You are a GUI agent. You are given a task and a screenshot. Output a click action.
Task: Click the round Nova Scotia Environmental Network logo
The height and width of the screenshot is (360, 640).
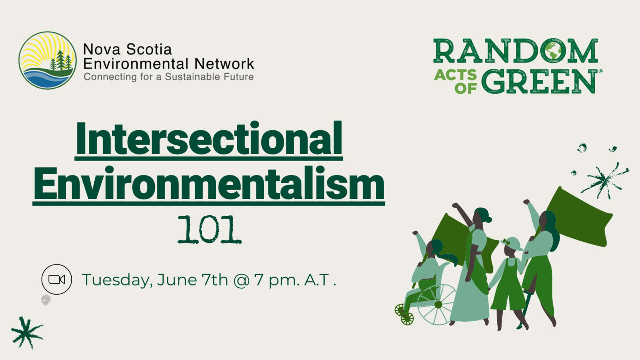[48, 60]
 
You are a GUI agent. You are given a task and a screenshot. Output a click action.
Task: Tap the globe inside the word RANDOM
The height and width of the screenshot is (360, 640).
[554, 51]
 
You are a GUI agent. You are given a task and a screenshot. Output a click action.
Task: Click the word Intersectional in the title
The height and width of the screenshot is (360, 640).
[209, 138]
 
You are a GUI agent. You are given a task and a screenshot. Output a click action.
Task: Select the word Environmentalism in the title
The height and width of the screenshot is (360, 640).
[209, 183]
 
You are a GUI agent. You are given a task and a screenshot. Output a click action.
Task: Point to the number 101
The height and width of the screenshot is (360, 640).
[210, 230]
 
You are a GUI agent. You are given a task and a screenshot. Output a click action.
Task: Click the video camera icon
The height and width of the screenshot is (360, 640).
[56, 280]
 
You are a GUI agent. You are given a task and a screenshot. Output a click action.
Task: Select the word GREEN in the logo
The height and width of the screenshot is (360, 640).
[540, 82]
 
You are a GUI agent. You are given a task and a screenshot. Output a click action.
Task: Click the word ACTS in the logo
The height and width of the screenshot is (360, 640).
[456, 75]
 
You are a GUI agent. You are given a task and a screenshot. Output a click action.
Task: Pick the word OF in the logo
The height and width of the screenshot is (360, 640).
[466, 88]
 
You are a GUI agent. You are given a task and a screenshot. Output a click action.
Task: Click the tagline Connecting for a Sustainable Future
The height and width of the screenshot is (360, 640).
[168, 77]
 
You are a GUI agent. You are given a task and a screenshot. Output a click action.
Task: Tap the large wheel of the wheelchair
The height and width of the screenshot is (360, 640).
[437, 304]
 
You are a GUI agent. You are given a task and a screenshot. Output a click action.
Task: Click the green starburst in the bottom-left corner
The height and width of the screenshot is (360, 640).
[27, 332]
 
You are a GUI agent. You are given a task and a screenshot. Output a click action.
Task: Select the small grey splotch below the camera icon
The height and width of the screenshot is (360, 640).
[46, 300]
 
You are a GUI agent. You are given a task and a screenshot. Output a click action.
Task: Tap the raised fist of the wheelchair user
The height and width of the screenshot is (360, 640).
[415, 233]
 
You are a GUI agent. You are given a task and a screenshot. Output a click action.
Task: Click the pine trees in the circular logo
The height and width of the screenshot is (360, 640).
[60, 60]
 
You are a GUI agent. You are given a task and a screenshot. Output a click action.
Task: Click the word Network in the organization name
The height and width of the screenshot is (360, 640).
[224, 64]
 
